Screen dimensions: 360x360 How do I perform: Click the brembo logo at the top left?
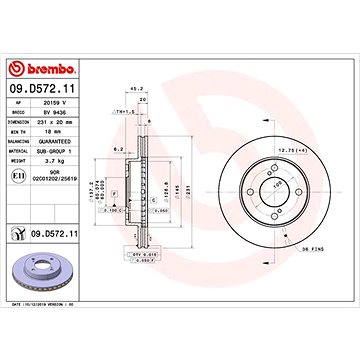tap(42, 69)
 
